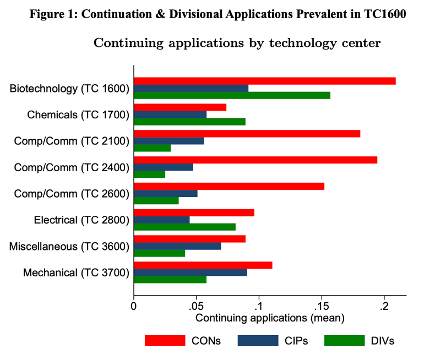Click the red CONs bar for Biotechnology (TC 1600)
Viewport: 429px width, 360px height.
coord(264,81)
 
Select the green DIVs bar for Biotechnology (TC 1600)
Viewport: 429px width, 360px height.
coord(232,95)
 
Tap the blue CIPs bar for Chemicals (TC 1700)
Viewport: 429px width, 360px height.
coord(170,114)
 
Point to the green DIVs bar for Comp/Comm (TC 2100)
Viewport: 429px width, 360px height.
coord(152,148)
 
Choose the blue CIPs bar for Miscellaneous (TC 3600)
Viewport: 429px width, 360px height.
coord(177,246)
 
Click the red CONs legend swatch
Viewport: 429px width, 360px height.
coord(165,341)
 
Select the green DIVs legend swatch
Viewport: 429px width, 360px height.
coord(344,341)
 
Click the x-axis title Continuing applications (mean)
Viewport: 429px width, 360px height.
coord(270,318)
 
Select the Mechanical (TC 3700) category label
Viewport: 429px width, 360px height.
coord(76,272)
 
